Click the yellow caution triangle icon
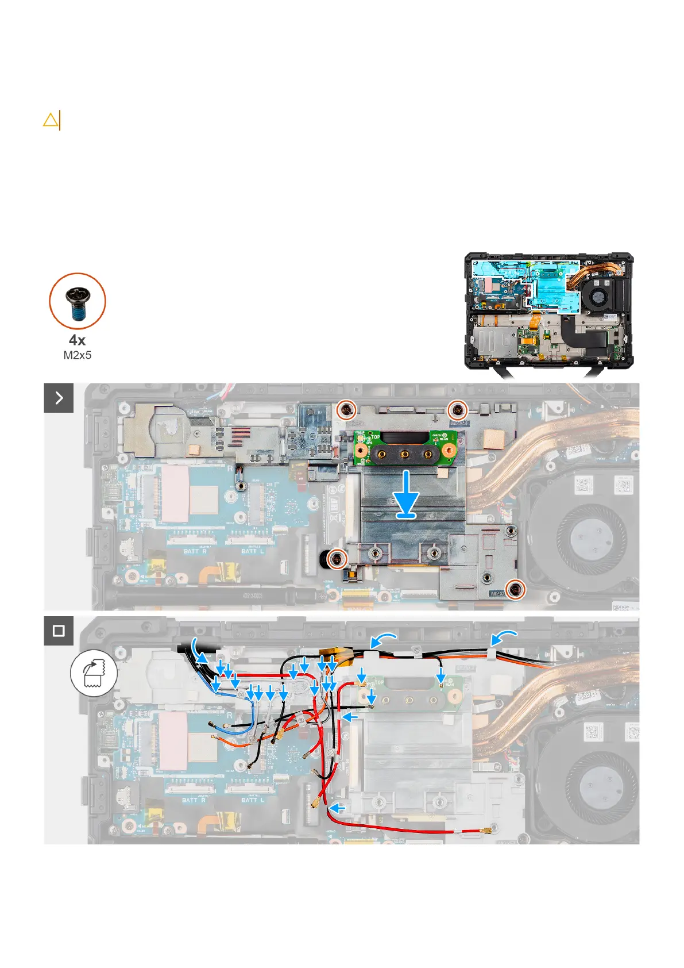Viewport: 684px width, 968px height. (51, 120)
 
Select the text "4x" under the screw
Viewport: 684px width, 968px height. (77, 340)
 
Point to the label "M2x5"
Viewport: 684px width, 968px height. (77, 355)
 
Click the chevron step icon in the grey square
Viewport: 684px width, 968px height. (59, 398)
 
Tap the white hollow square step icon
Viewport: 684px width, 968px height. (59, 631)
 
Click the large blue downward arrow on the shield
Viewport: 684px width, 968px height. (407, 494)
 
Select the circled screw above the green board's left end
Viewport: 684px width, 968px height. (346, 409)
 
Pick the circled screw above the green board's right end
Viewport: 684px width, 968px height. (458, 409)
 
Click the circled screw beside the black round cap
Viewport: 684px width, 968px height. (337, 558)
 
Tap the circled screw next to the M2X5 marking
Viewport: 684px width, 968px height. (517, 589)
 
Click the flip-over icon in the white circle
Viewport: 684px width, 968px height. (94, 673)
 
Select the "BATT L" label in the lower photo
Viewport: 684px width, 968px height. (253, 800)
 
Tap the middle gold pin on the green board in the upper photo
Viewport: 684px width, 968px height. (405, 455)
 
